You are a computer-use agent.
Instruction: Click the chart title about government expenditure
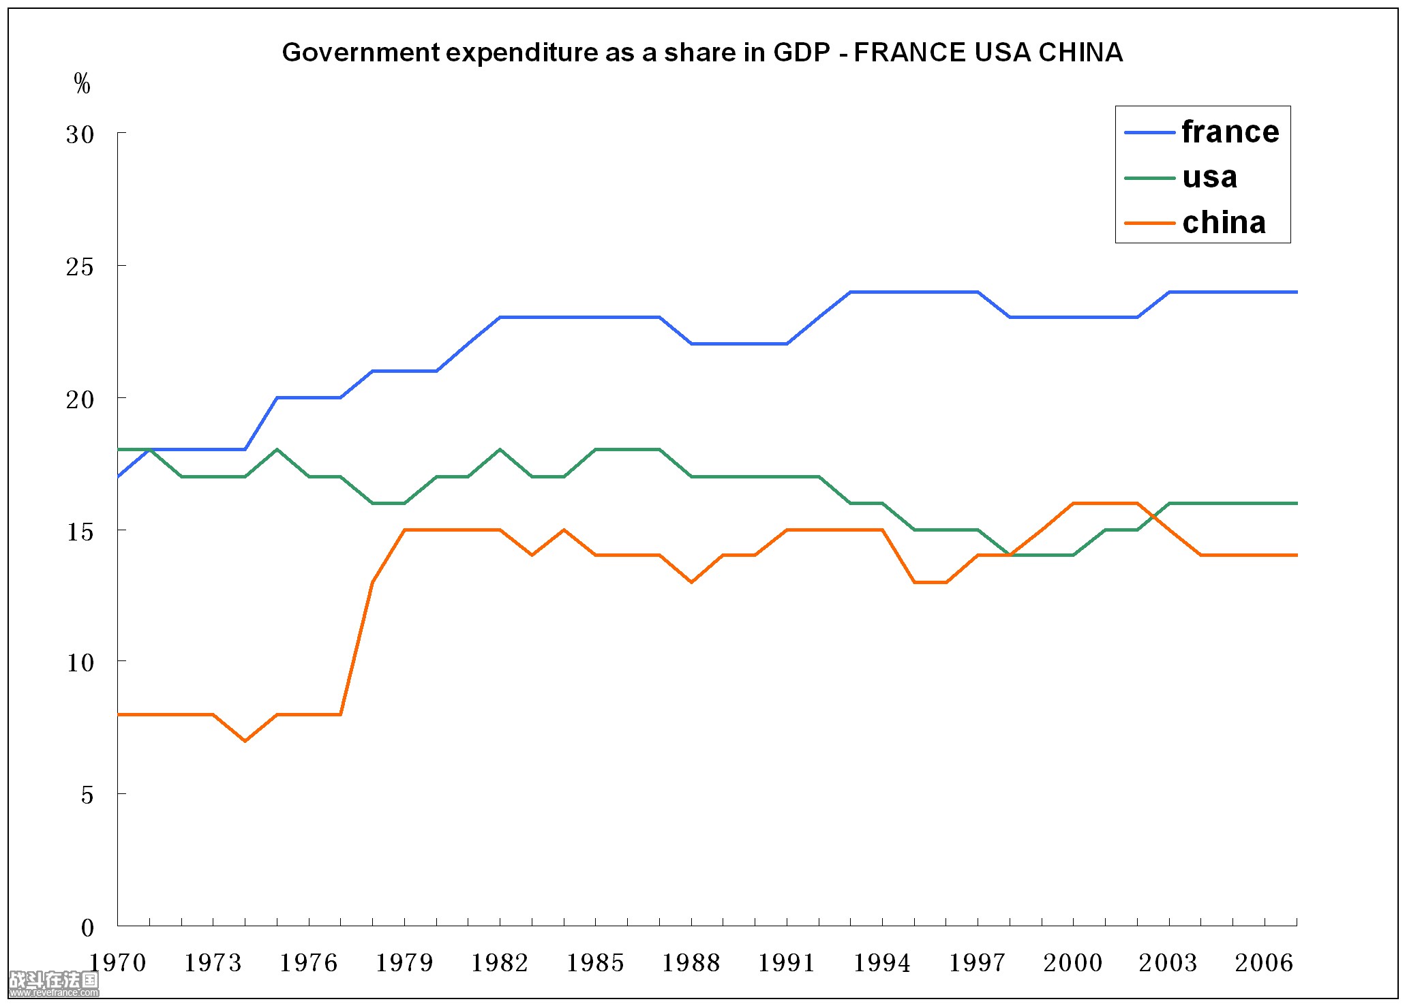702,52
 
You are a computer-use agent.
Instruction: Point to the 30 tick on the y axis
80,134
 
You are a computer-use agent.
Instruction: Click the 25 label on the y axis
80,266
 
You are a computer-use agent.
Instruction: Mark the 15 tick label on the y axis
80,532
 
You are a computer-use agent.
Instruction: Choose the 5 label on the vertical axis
87,795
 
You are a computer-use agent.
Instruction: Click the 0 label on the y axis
87,928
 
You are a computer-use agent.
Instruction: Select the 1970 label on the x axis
118,963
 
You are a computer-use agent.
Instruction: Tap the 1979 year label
404,963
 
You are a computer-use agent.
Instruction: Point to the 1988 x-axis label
691,963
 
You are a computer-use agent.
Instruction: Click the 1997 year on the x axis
978,963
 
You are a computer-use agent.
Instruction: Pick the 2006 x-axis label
1264,963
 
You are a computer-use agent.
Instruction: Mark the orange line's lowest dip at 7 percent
245,740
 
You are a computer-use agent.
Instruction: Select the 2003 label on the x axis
1168,963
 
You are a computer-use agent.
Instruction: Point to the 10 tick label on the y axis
80,662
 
